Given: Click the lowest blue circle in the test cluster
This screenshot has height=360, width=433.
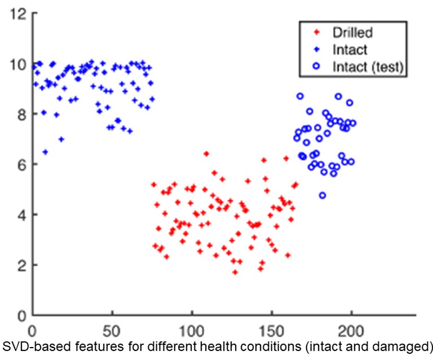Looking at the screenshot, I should point(322,196).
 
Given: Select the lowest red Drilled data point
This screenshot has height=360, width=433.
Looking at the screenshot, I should point(235,273).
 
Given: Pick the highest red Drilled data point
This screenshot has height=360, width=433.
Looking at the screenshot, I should point(206,153).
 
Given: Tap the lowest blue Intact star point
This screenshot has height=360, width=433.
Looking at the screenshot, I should point(45,152).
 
